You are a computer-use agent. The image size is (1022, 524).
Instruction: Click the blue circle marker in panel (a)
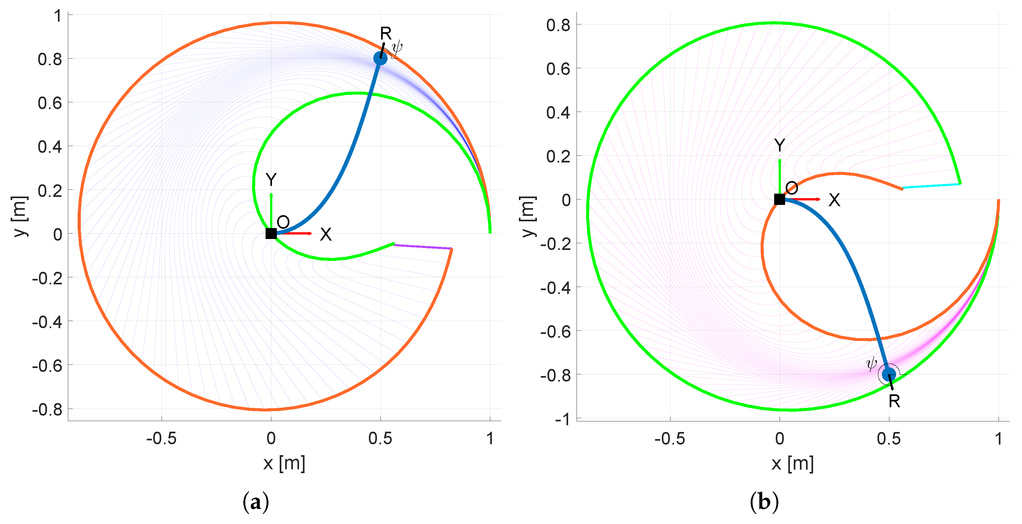[380, 58]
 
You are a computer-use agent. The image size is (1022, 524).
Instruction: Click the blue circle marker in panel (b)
[889, 374]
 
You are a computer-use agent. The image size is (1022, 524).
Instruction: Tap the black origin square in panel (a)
[271, 234]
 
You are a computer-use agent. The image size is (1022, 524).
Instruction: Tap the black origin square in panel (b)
[779, 199]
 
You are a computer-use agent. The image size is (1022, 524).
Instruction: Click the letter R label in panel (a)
[386, 33]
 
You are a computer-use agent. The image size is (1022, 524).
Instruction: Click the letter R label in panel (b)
[894, 401]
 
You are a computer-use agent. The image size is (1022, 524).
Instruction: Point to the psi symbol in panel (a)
[397, 48]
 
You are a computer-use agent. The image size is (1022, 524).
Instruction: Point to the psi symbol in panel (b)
[871, 363]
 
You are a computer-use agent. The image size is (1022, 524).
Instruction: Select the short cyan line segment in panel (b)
[931, 186]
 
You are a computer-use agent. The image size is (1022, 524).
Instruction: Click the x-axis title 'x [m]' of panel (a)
[284, 463]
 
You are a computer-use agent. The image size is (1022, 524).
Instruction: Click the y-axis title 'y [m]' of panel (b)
[528, 216]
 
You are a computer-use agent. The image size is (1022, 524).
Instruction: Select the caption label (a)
[256, 502]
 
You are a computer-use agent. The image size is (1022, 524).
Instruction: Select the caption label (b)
[764, 502]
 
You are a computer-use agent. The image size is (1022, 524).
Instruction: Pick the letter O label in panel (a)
[283, 222]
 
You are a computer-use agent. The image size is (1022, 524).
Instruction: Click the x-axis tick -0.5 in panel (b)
[670, 438]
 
